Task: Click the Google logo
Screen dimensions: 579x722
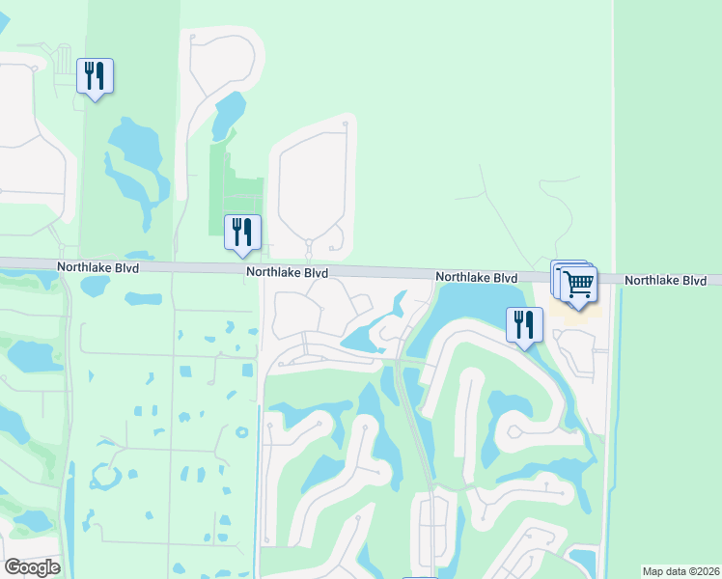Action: pos(32,567)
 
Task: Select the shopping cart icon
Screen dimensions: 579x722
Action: pos(579,285)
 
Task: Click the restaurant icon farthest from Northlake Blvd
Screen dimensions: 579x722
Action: pos(95,75)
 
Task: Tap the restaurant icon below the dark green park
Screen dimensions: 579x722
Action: pos(241,233)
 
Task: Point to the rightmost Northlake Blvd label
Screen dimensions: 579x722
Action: pos(665,281)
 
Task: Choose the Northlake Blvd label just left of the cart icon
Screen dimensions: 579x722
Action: pos(476,277)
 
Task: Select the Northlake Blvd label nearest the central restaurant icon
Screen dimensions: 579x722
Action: pos(287,273)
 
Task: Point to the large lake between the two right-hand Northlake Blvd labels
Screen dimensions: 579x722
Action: pos(473,305)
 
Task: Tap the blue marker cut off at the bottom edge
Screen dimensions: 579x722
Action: pos(420,577)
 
